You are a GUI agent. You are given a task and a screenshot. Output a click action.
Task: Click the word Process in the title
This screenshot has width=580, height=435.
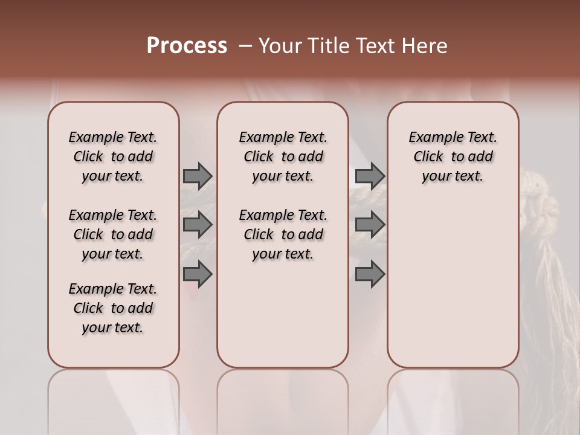(x=187, y=46)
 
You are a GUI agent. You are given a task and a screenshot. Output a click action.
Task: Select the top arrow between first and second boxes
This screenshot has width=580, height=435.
(x=198, y=176)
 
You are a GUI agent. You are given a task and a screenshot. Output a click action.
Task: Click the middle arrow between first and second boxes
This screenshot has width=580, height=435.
(x=198, y=225)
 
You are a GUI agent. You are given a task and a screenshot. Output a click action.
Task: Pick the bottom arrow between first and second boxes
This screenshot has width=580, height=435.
(x=198, y=274)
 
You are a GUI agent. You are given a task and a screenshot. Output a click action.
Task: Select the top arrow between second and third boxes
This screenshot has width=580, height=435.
(x=370, y=176)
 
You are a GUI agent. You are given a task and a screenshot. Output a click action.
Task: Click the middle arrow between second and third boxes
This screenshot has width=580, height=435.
(x=370, y=225)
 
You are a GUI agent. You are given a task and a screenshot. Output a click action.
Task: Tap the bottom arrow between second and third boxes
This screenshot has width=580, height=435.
(x=370, y=274)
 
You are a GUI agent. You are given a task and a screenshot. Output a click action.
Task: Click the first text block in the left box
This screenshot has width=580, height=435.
(x=113, y=156)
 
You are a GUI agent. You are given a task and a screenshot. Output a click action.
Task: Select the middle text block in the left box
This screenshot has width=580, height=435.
(x=113, y=234)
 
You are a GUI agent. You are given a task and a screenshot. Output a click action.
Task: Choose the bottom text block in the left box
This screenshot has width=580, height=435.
(x=113, y=308)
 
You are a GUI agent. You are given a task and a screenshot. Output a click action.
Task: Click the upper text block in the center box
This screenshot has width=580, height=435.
(x=283, y=156)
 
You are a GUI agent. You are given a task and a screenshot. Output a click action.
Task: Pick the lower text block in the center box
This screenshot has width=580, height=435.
(x=283, y=234)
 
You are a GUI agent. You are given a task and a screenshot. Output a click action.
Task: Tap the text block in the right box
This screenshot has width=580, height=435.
(x=453, y=156)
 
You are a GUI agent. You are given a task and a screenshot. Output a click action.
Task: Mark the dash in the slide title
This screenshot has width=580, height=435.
(x=245, y=46)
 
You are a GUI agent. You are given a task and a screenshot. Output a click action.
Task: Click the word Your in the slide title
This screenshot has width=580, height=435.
(x=279, y=46)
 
